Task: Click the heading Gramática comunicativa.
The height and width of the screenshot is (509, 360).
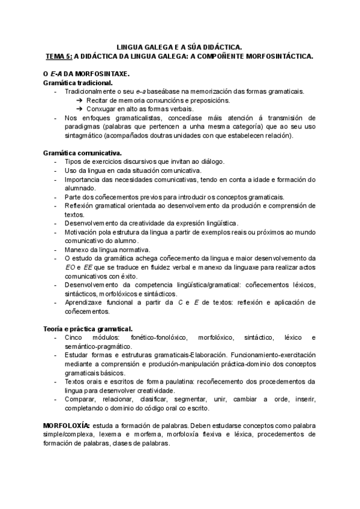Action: click(x=82, y=153)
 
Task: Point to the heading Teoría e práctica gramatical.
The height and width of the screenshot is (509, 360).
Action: click(x=88, y=328)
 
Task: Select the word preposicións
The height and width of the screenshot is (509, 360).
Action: click(x=209, y=100)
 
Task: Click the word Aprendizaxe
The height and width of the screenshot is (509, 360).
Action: click(x=83, y=303)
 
